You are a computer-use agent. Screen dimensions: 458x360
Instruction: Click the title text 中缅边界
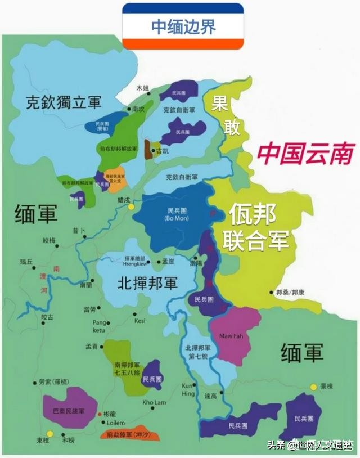tap(183, 26)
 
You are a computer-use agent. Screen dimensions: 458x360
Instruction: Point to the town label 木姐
tap(143, 88)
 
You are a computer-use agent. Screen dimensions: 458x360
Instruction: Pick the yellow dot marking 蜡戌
tap(131, 206)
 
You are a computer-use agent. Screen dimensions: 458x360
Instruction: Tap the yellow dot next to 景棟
tap(314, 387)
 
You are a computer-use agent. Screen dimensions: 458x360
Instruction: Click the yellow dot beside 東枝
tap(50, 433)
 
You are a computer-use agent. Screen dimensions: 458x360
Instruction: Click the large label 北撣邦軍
tap(147, 284)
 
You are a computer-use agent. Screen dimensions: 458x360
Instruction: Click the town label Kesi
tap(140, 321)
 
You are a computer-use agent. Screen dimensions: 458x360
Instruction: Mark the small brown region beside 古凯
tap(148, 149)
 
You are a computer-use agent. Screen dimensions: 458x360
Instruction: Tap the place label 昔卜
tap(78, 231)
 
